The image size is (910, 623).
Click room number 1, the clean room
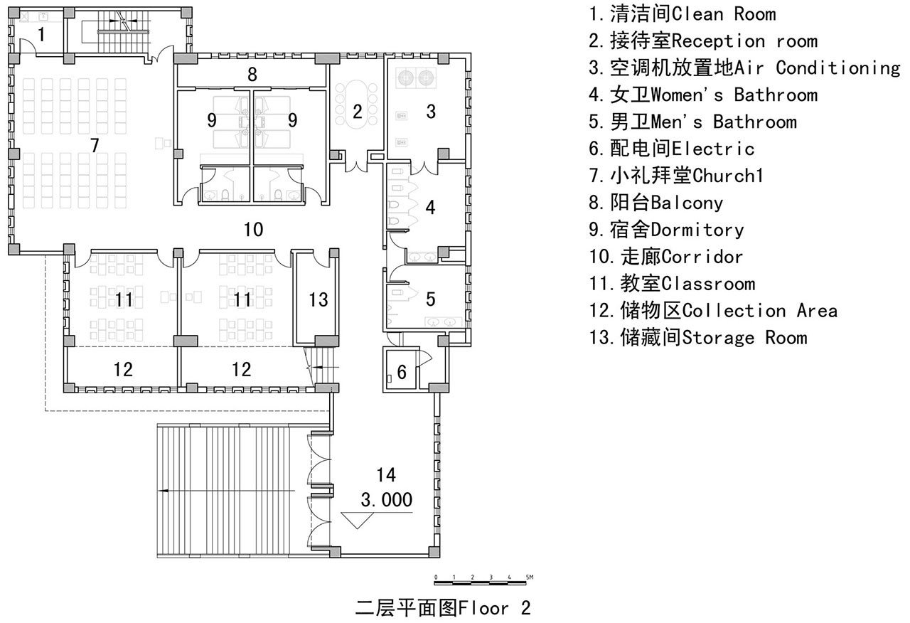[41, 35]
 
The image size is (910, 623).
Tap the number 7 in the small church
[95, 146]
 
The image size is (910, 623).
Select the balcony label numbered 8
[252, 75]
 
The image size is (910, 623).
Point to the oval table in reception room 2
[357, 105]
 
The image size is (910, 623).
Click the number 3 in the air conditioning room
[431, 112]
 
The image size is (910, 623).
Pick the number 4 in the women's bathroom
[431, 207]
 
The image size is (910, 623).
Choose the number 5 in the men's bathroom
[431, 299]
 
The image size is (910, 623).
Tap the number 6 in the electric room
[402, 372]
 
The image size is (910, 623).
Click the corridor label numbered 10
[254, 230]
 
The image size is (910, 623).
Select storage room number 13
[318, 300]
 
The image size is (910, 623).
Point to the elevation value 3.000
[387, 500]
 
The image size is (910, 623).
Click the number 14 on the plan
[386, 474]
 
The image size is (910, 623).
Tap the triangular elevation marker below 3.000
[357, 521]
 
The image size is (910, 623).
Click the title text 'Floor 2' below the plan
[495, 608]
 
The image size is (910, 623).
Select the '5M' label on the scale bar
[530, 577]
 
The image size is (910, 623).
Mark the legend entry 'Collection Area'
[760, 311]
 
